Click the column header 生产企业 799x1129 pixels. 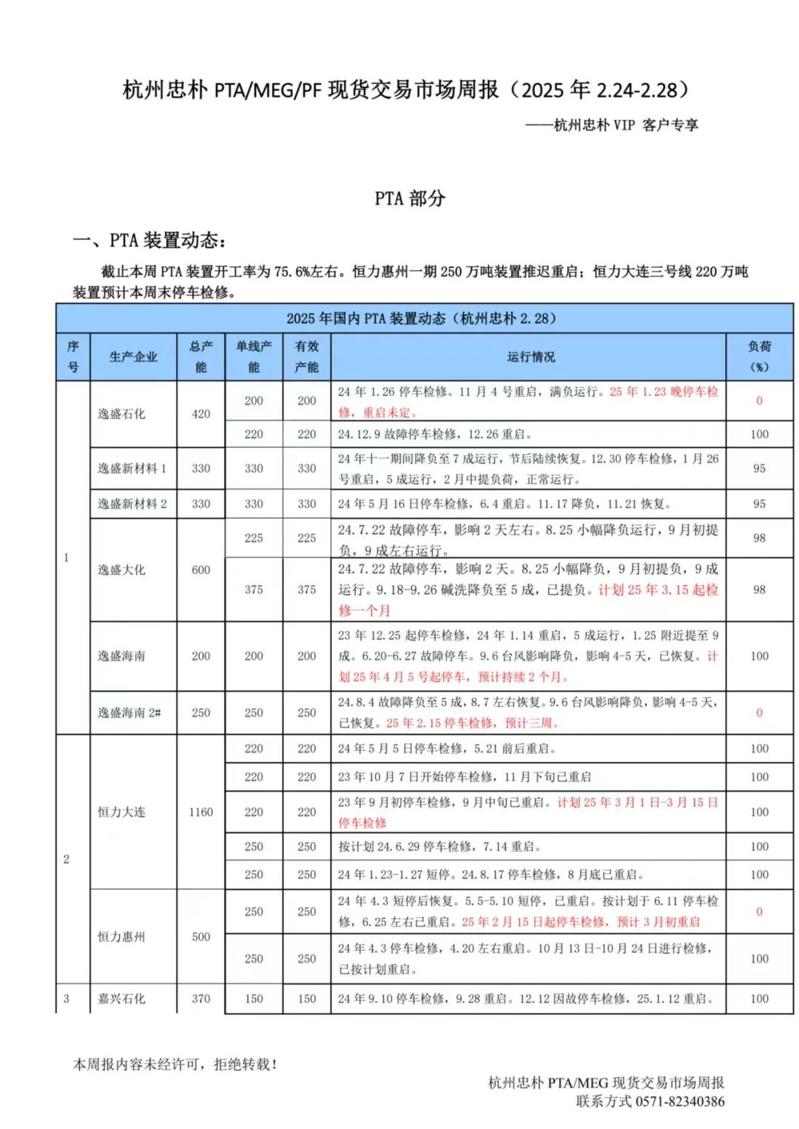point(133,357)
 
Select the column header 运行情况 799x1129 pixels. point(530,357)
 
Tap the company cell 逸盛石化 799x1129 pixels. point(121,414)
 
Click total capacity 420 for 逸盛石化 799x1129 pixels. point(201,414)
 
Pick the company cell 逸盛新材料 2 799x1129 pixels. point(132,504)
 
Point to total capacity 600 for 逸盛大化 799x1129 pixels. point(201,570)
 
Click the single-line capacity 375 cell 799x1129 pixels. point(254,590)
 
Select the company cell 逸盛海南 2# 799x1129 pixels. point(129,712)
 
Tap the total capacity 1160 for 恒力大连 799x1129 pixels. point(201,812)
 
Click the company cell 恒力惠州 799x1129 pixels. point(121,937)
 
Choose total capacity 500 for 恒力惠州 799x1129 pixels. point(201,937)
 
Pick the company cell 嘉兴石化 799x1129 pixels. point(121,998)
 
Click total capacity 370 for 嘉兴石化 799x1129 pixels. point(201,998)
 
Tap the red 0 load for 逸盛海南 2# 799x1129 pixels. point(759,712)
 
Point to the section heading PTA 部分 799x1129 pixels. point(410,198)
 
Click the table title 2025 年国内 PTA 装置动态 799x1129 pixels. point(421,318)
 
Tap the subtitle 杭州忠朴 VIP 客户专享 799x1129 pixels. point(625,125)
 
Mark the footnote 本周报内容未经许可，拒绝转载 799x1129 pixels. point(175,1065)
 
